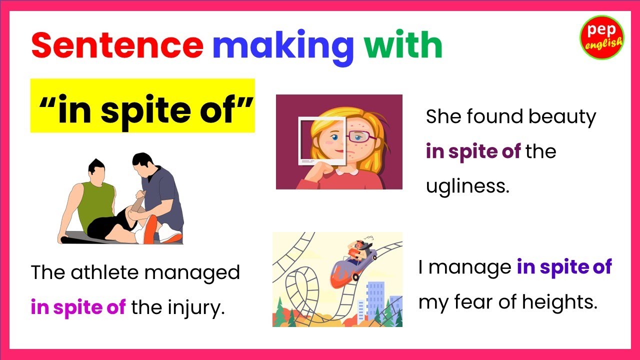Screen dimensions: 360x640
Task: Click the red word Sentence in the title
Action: coord(117,45)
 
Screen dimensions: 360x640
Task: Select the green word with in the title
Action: coord(403,45)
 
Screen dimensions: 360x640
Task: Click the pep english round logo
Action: coord(601,37)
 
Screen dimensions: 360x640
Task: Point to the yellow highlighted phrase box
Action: coord(142,105)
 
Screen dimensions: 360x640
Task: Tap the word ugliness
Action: coord(467,186)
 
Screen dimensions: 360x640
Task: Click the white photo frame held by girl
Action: coord(304,140)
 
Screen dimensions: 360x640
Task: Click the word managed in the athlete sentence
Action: coord(205,273)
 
